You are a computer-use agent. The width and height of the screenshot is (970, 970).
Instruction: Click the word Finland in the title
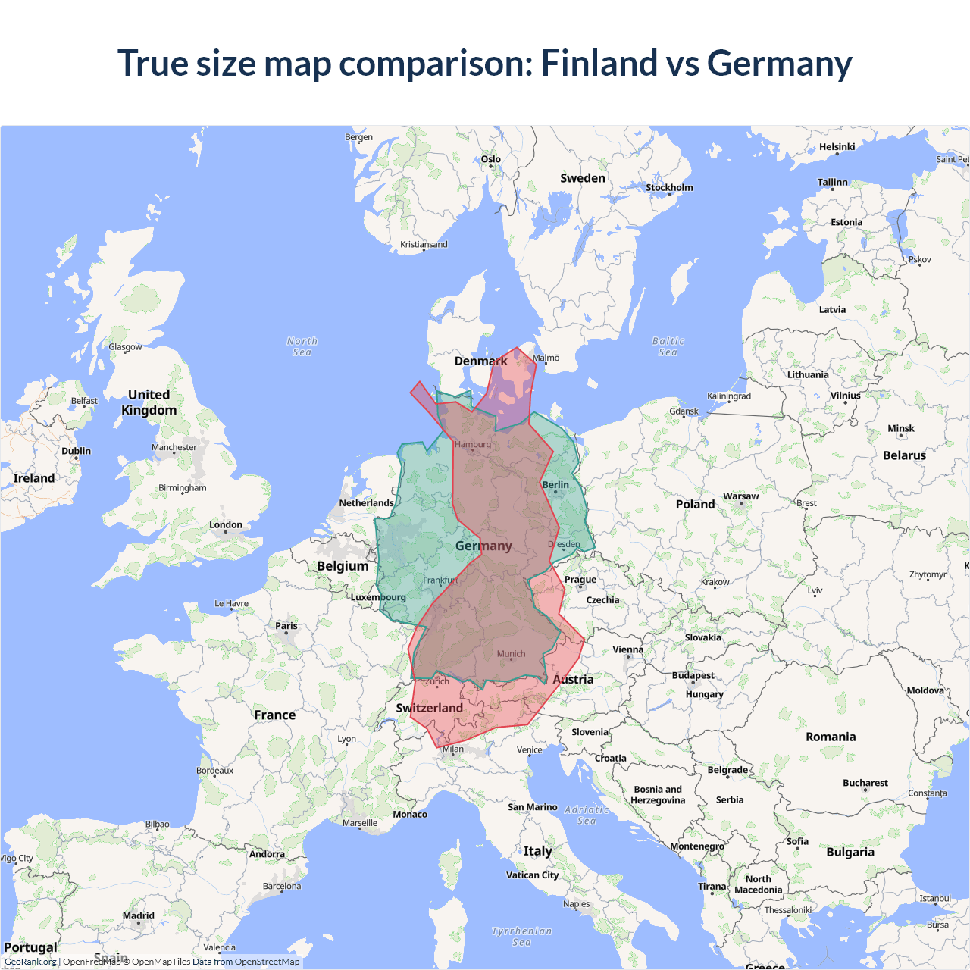[599, 63]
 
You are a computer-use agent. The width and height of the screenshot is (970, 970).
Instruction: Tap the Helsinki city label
[837, 147]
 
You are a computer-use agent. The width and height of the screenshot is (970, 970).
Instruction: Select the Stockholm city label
[669, 187]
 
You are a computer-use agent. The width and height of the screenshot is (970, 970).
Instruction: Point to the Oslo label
[491, 159]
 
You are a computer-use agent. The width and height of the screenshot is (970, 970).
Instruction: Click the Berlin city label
[555, 485]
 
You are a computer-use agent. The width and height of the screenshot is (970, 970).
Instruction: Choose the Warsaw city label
[740, 496]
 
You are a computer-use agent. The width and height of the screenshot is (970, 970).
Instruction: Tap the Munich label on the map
[511, 654]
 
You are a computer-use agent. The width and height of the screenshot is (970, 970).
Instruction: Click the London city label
[226, 524]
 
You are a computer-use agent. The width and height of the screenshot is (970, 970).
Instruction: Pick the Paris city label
[286, 626]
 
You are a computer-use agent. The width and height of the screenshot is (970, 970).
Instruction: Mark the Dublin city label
[76, 451]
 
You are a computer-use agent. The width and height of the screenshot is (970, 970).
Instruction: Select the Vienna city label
[627, 649]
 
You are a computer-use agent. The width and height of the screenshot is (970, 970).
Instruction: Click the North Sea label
[302, 347]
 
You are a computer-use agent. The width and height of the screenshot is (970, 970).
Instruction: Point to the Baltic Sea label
[668, 347]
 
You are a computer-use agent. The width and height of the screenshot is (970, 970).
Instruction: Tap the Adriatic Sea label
[587, 815]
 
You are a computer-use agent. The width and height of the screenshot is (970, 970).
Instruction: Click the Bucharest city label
[865, 783]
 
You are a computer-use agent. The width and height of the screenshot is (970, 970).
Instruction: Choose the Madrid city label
[139, 915]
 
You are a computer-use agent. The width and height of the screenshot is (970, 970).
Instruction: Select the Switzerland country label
[429, 708]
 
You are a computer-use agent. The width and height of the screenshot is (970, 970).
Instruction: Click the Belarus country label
[904, 455]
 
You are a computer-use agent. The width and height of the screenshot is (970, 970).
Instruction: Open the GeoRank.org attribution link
[30, 962]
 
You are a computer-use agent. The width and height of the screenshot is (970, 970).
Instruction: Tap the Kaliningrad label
[729, 396]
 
